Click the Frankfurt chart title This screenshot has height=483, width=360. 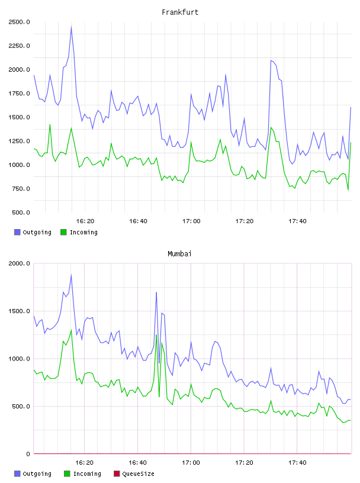(180, 12)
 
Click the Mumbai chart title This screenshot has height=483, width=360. (179, 254)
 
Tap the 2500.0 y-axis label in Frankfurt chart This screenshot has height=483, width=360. (19, 22)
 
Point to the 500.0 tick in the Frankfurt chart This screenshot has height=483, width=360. (21, 212)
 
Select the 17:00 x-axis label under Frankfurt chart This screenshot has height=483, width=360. (191, 221)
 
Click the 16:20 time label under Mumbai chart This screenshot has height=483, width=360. (85, 462)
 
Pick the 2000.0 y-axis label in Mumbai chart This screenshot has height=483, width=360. (19, 263)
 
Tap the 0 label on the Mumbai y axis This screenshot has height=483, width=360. (28, 454)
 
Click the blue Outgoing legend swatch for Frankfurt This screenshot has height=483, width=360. (17, 232)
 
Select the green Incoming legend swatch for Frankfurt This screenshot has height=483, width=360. (63, 232)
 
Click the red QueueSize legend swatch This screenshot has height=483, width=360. (117, 474)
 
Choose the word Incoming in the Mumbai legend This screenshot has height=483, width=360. (87, 474)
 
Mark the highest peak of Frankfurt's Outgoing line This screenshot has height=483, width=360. (71, 27)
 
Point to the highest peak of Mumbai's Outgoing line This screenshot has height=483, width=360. (71, 275)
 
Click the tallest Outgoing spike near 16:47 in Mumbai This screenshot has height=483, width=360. (156, 292)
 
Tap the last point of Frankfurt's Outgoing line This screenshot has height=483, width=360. (351, 107)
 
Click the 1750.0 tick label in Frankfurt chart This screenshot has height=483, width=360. (19, 94)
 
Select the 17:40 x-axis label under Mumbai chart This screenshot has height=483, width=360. (297, 462)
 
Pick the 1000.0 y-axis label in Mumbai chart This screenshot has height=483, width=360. (19, 359)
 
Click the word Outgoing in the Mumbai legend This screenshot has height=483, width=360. (37, 474)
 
